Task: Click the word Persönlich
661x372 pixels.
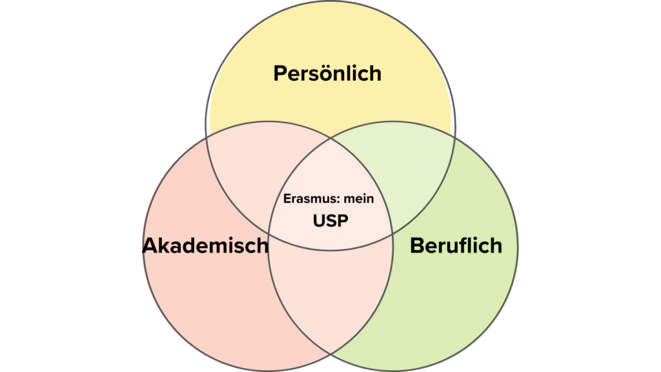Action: [327, 73]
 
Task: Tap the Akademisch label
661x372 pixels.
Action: [205, 245]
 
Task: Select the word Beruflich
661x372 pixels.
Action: [456, 245]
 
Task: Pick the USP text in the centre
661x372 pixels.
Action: [330, 221]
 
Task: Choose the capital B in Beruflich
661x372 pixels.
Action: [418, 245]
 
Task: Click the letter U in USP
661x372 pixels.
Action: [319, 221]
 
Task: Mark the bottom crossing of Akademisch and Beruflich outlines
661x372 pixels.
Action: [330, 353]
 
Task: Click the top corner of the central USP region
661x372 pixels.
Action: [331, 138]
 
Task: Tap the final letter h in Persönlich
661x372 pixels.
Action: [376, 74]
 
